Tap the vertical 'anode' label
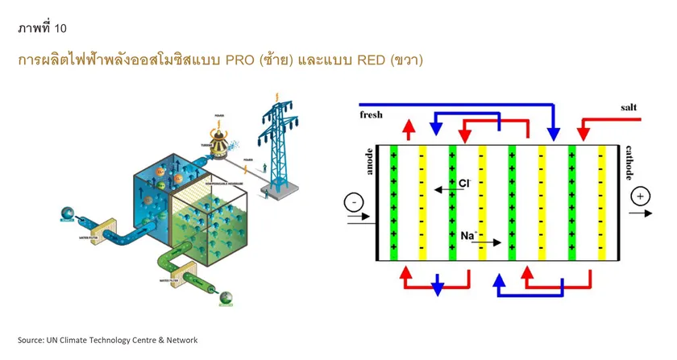pyautogui.click(x=369, y=161)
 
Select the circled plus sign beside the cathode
pyautogui.click(x=641, y=197)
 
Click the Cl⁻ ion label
pyautogui.click(x=464, y=184)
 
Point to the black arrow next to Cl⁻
pyautogui.click(x=442, y=190)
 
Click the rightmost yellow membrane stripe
pyautogui.click(x=601, y=203)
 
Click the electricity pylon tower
pyautogui.click(x=280, y=149)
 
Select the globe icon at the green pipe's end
pyautogui.click(x=225, y=298)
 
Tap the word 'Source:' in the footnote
pyautogui.click(x=33, y=340)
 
